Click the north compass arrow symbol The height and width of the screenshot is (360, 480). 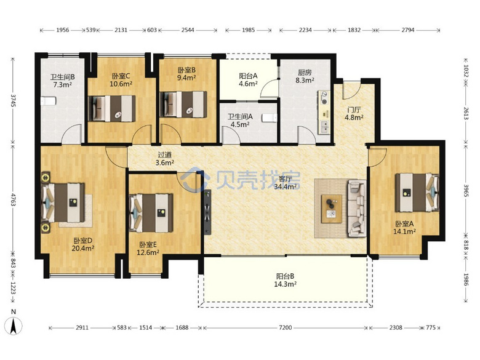[x=13, y=326]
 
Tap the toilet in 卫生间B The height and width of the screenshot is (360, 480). [x=49, y=101]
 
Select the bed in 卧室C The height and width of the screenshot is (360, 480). [x=112, y=108]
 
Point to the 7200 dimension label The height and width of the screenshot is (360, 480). [x=285, y=328]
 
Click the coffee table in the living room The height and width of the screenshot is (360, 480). [x=332, y=209]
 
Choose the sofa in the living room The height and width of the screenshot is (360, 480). [x=357, y=208]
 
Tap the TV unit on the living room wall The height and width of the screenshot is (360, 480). [x=207, y=212]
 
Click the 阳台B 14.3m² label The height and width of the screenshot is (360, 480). [x=285, y=280]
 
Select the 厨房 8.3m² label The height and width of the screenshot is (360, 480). [x=305, y=76]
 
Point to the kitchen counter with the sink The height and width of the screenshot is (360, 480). [x=324, y=112]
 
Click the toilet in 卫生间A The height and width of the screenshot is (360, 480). [x=270, y=118]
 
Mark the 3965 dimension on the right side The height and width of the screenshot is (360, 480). [x=466, y=190]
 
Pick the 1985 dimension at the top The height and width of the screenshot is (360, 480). [x=248, y=30]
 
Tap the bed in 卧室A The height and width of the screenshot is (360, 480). [x=417, y=193]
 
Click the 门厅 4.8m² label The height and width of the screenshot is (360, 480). [x=354, y=114]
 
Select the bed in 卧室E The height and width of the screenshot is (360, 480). [x=151, y=213]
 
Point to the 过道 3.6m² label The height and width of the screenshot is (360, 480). [x=165, y=159]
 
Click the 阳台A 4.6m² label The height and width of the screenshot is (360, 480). [x=248, y=79]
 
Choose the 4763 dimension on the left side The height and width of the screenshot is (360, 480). [x=14, y=199]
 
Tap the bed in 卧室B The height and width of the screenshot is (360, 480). [x=183, y=105]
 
